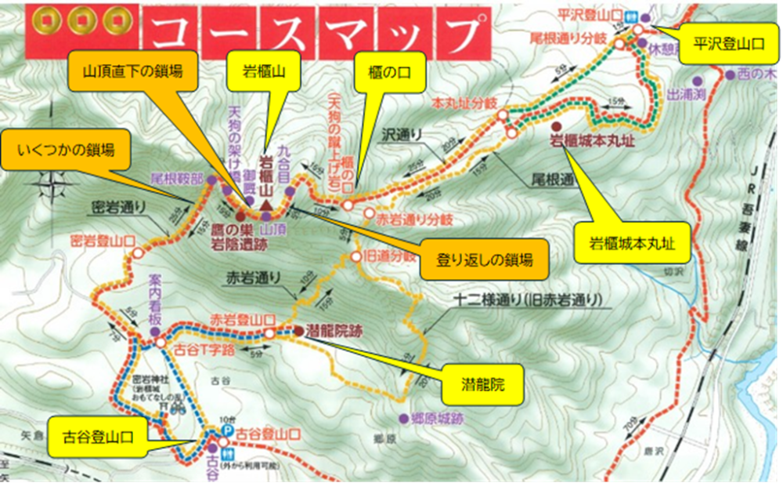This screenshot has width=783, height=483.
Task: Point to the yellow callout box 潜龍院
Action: coord(482,387)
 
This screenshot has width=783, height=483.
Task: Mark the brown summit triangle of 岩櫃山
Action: coord(267,205)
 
